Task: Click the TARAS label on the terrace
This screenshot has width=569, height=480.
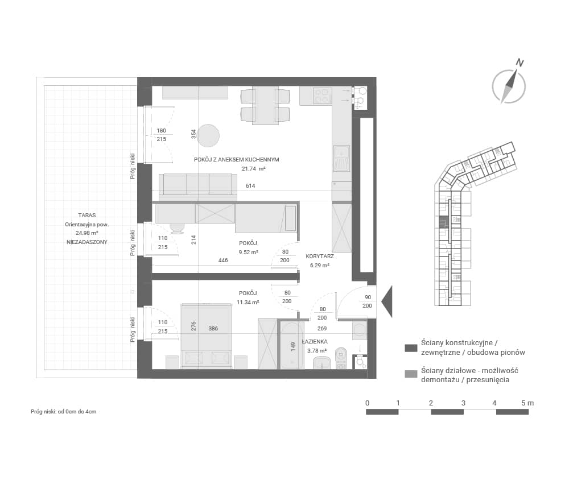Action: pyautogui.click(x=86, y=215)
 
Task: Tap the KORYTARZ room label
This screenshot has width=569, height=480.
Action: pyautogui.click(x=320, y=256)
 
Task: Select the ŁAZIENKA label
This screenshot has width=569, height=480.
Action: pyautogui.click(x=315, y=341)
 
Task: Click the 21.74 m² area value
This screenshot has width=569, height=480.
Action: pyautogui.click(x=254, y=168)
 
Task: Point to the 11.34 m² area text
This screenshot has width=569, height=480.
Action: pyautogui.click(x=248, y=302)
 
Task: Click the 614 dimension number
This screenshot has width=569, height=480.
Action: pyautogui.click(x=250, y=186)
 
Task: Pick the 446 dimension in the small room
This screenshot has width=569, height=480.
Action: pyautogui.click(x=223, y=260)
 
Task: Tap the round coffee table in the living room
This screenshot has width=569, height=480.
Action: pyautogui.click(x=209, y=135)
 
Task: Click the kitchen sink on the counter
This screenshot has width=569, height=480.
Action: pyautogui.click(x=341, y=158)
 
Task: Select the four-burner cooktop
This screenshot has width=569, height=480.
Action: pyautogui.click(x=323, y=96)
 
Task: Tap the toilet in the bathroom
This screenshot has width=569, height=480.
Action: pyautogui.click(x=341, y=358)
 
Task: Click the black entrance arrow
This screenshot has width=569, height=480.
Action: pyautogui.click(x=387, y=301)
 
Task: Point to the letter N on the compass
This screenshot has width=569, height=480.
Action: pyautogui.click(x=520, y=63)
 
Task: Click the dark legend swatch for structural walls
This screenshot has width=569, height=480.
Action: pyautogui.click(x=411, y=348)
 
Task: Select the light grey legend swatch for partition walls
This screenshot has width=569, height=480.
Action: pyautogui.click(x=411, y=374)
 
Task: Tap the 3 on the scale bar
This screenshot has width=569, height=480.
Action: pyautogui.click(x=463, y=403)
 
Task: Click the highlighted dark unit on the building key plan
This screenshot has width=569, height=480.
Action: pyautogui.click(x=443, y=222)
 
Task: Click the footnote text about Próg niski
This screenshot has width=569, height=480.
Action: pyautogui.click(x=64, y=411)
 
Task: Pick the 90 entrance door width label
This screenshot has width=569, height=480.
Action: pyautogui.click(x=368, y=297)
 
